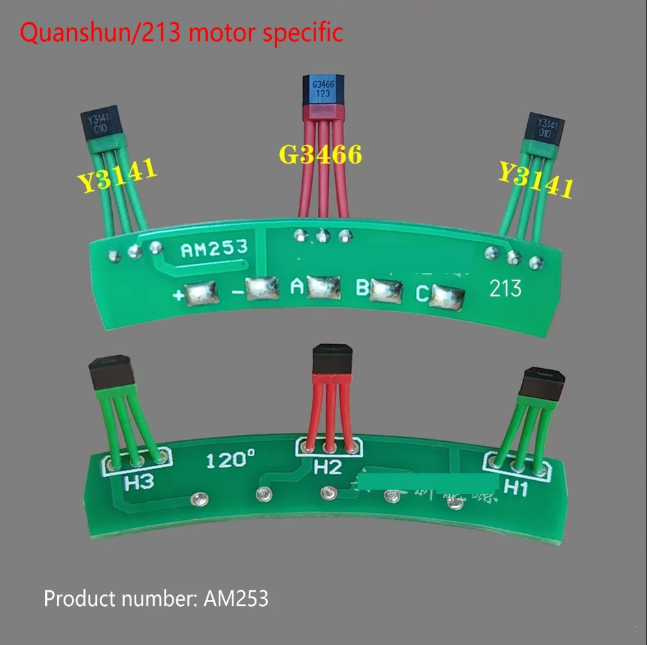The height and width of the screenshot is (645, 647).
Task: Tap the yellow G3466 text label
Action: pos(320,155)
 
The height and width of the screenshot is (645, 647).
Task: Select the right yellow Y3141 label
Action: pos(535,179)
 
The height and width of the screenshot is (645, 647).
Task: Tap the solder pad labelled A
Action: pos(323,287)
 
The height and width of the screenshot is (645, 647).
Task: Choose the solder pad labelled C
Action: pos(448,295)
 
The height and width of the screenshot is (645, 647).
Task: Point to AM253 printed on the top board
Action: pos(214,250)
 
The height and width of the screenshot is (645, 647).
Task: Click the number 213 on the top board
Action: pos(505,289)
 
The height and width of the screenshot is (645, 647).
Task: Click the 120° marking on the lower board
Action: pos(231,460)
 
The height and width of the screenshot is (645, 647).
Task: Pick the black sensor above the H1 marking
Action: pos(543,384)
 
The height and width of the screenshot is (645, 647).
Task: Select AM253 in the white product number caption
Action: pos(236,599)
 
